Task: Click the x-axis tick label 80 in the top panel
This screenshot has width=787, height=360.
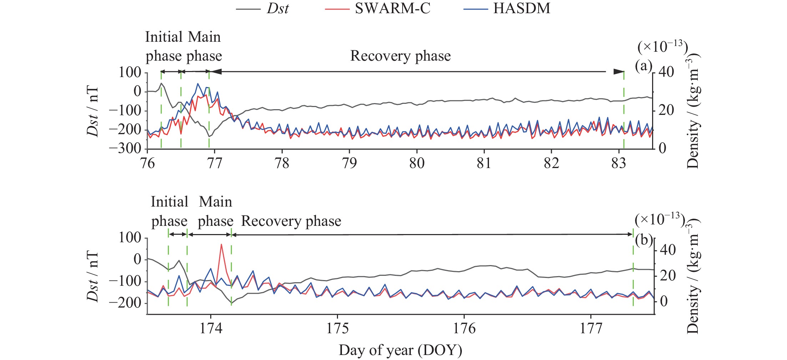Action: click(x=417, y=163)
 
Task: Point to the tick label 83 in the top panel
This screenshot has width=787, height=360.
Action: click(x=619, y=163)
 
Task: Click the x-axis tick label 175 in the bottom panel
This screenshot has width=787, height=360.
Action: click(x=337, y=328)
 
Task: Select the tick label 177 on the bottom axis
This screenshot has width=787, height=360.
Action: click(x=591, y=328)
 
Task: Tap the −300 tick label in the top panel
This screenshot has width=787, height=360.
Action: click(x=125, y=148)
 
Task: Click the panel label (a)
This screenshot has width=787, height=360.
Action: click(x=643, y=66)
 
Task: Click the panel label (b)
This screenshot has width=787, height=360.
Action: click(x=644, y=240)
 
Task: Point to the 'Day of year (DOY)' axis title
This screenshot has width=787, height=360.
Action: click(x=400, y=350)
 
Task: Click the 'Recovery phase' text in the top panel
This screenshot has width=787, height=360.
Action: click(x=400, y=56)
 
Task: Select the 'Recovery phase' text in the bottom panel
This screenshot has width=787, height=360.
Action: click(x=291, y=221)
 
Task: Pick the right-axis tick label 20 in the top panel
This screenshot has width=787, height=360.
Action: click(x=666, y=110)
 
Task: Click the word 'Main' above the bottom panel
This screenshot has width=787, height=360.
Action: click(x=215, y=202)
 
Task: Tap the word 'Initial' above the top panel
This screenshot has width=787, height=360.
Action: click(x=164, y=37)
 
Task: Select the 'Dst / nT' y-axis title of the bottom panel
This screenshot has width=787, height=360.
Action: click(x=92, y=276)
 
